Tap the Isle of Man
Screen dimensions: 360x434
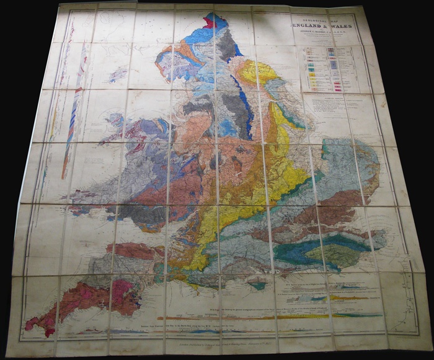tap(118, 75)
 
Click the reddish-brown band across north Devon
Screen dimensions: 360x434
tap(127, 251)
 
